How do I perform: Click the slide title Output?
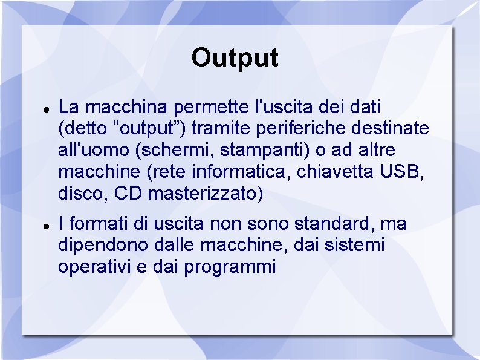point(235,58)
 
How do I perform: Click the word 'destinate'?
point(400,129)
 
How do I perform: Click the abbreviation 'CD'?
point(128,194)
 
